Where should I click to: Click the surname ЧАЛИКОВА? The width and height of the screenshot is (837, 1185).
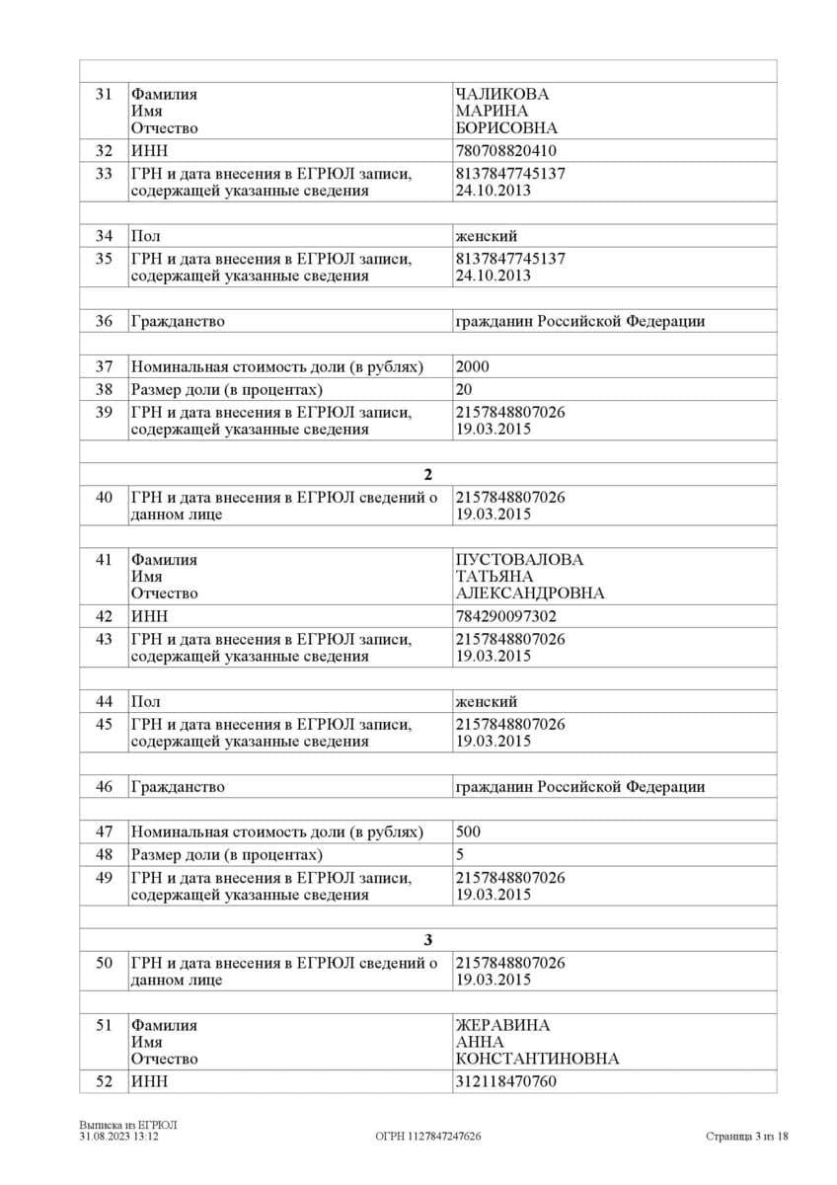tap(501, 94)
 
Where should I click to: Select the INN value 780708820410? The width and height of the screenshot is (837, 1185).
tap(505, 151)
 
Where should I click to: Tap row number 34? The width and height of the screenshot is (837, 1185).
tap(104, 236)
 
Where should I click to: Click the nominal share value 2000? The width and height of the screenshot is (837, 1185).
tap(472, 366)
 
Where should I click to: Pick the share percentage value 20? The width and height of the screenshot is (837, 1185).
tap(464, 389)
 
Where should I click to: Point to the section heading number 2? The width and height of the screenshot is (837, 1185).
tap(427, 474)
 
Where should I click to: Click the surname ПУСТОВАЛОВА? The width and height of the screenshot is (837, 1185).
tap(519, 559)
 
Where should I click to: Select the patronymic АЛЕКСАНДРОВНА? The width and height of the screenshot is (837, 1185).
tap(530, 593)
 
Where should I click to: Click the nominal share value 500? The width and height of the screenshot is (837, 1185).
tap(468, 831)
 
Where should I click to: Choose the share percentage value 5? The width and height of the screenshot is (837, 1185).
tap(460, 854)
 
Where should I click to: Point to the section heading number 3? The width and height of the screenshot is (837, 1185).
tap(427, 939)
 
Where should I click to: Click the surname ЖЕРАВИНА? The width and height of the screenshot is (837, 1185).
tap(502, 1025)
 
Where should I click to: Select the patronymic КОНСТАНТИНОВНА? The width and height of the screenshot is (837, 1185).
tap(537, 1059)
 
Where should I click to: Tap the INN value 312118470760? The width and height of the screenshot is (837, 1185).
tap(505, 1081)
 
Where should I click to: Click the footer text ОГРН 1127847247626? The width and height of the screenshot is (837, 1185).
tap(428, 1137)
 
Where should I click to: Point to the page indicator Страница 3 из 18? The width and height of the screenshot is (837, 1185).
tap(747, 1137)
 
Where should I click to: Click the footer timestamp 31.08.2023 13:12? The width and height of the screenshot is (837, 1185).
tap(119, 1137)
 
